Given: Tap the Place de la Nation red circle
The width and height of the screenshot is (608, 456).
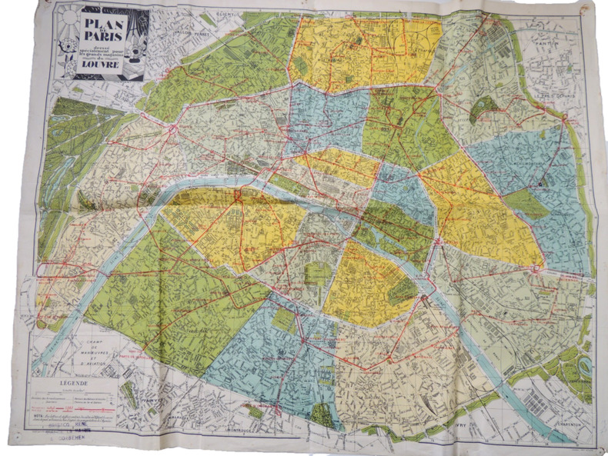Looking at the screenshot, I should pyautogui.click(x=533, y=268).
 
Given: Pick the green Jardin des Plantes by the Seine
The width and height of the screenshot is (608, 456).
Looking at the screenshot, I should pyautogui.click(x=402, y=291).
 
